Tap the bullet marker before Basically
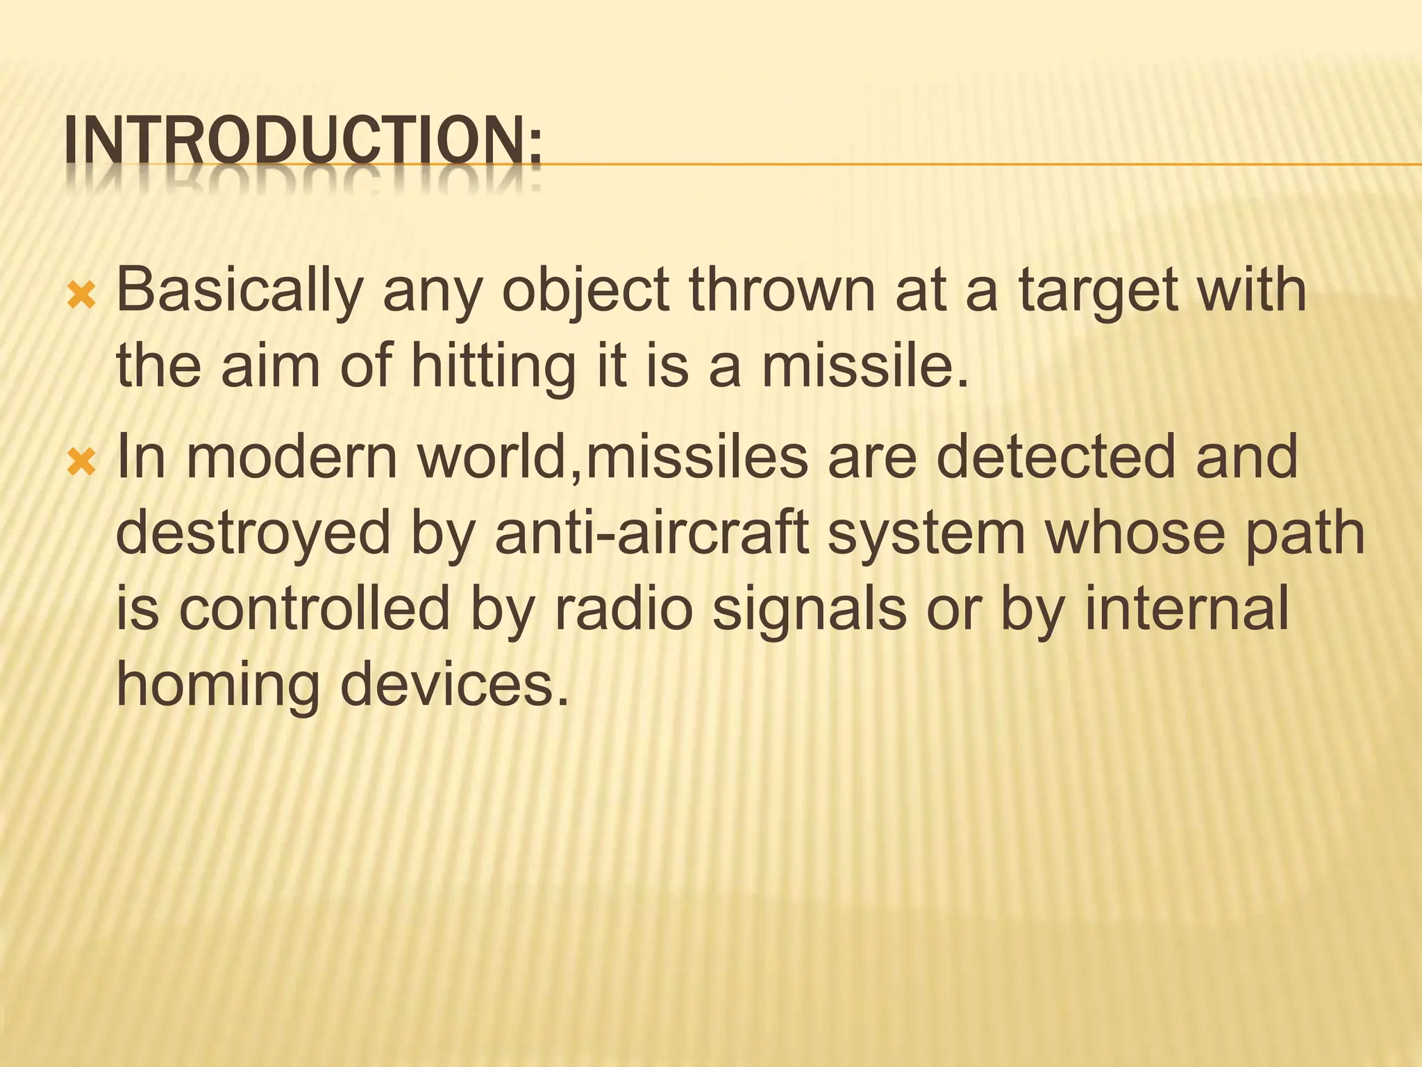coord(82,298)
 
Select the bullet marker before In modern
coord(82,459)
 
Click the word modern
coord(292,456)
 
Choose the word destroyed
coord(253,533)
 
